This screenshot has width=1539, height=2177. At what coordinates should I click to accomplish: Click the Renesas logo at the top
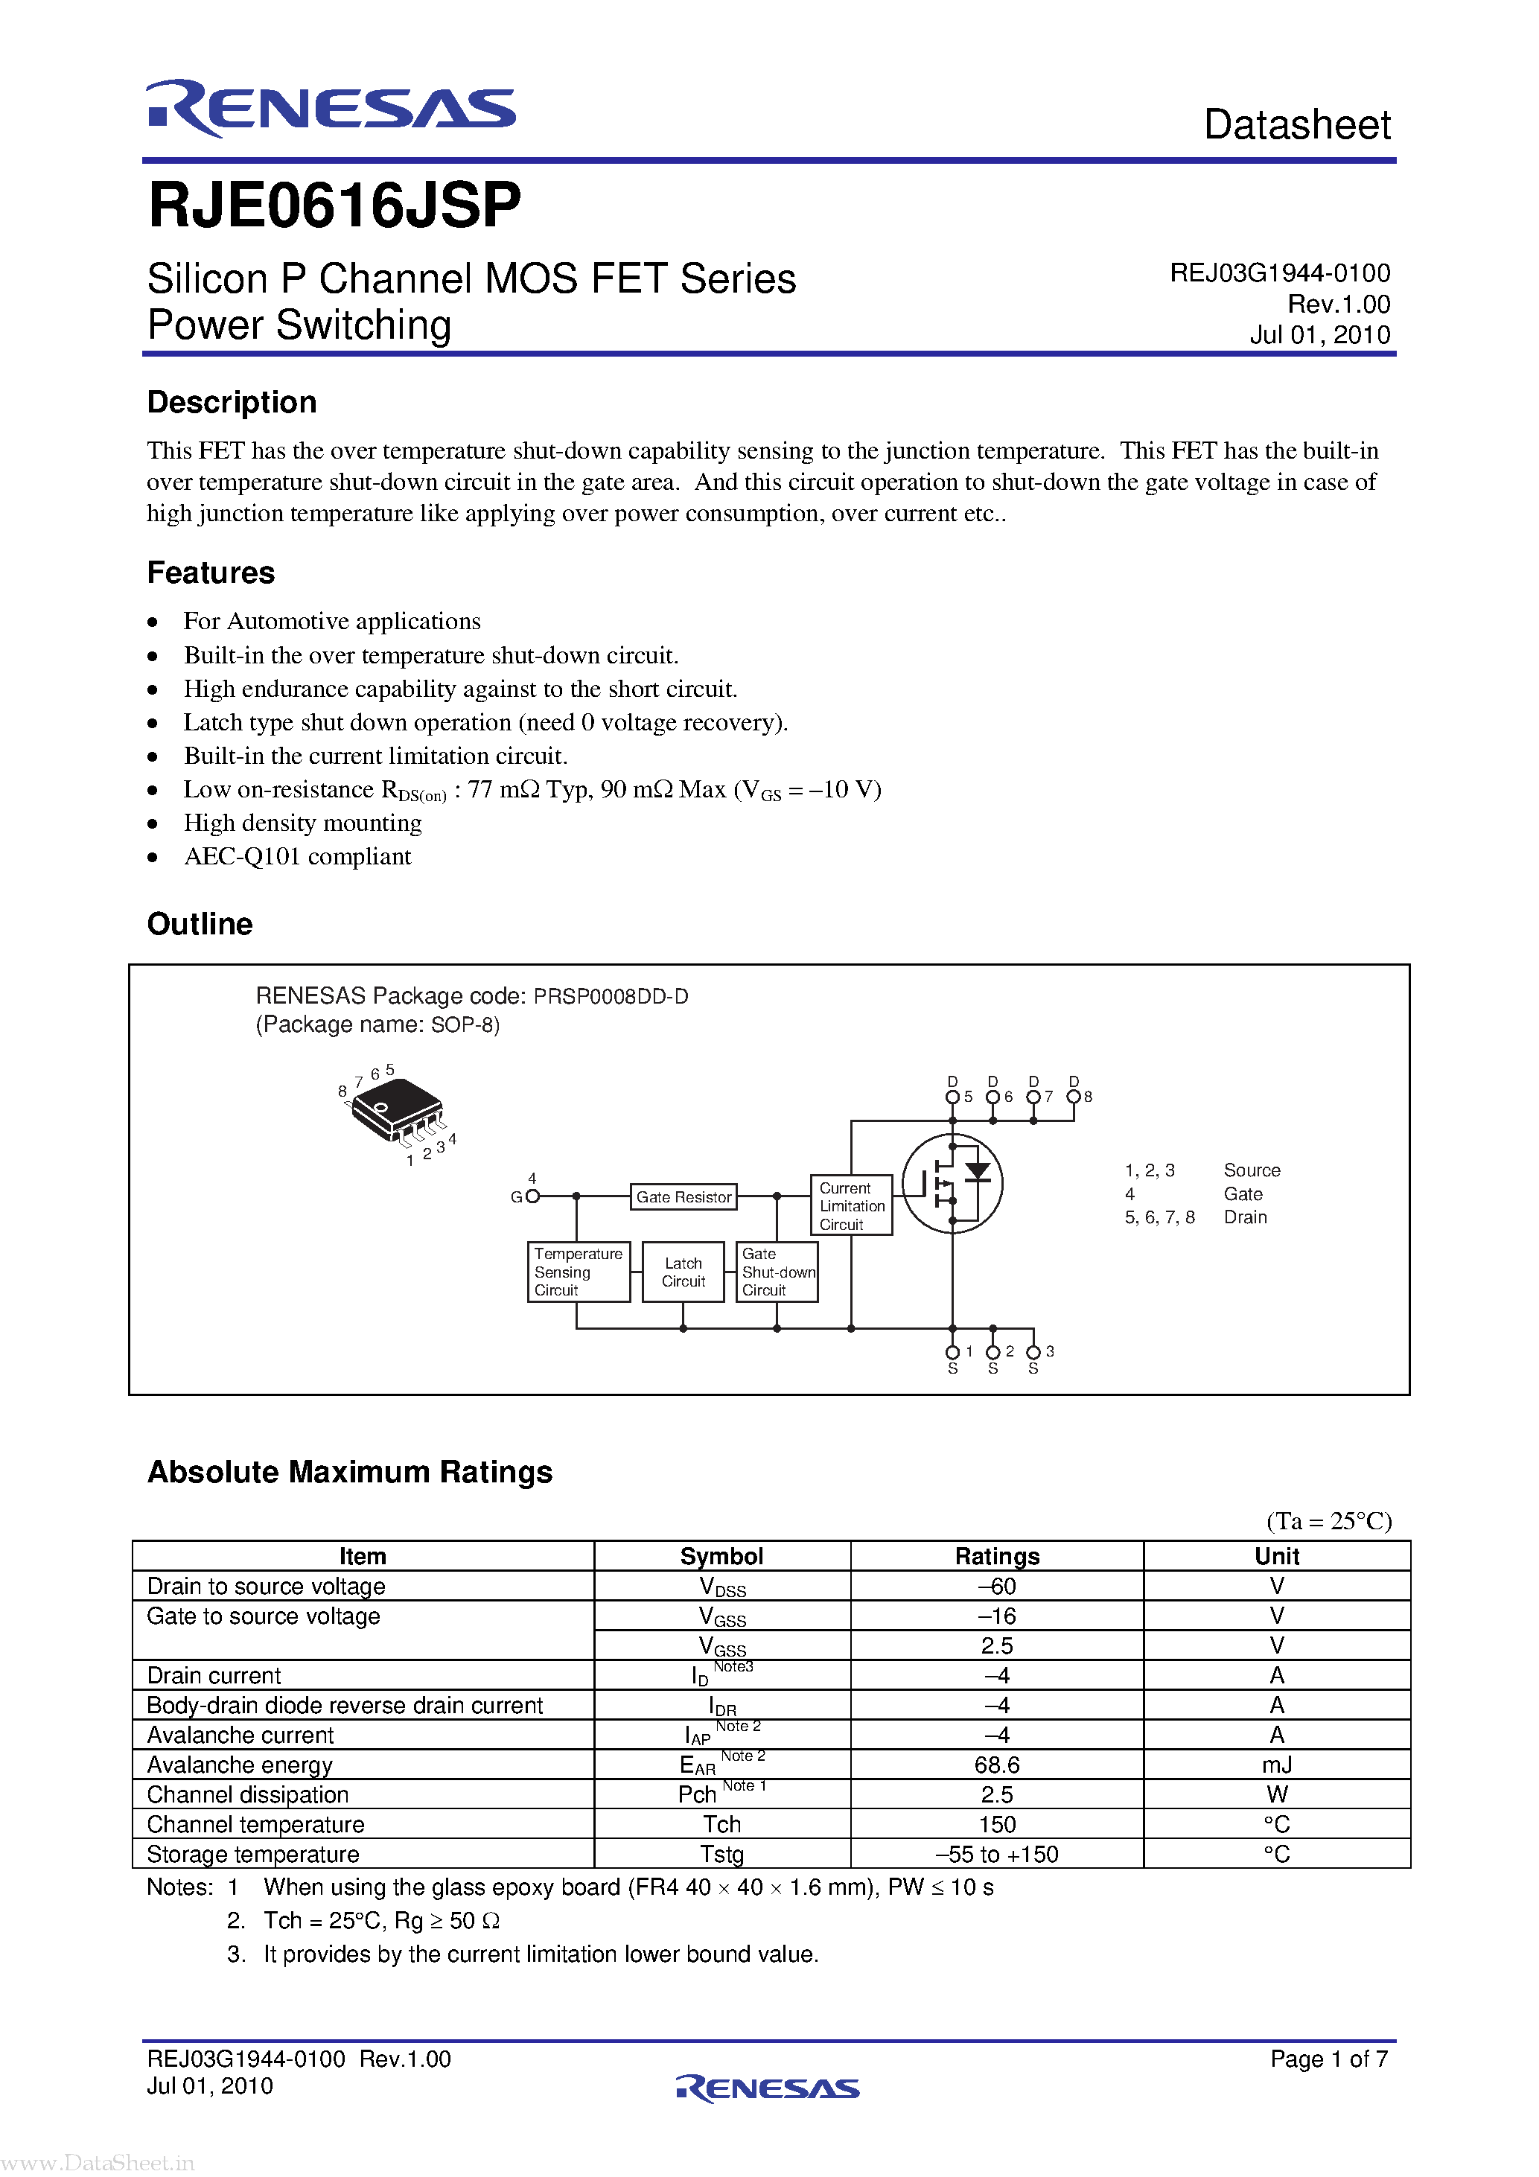coord(331,108)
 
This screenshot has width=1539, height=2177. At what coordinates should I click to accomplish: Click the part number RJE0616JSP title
coord(335,205)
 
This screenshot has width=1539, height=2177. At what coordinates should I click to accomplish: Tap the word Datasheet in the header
coord(1296,125)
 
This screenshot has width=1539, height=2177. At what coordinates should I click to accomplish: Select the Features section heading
coord(211,573)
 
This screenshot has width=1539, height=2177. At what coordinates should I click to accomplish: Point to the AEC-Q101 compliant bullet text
coord(297,856)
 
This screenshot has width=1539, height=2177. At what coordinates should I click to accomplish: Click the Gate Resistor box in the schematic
coord(684,1196)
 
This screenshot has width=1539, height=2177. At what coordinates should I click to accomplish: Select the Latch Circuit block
coord(683,1272)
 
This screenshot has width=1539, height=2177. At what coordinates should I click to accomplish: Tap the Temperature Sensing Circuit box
coord(579,1272)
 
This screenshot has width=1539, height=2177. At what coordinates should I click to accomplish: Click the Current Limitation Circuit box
coord(850,1205)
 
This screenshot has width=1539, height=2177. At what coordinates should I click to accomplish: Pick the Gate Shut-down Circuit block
coord(777,1272)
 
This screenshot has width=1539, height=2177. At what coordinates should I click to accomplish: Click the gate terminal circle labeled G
coord(532,1196)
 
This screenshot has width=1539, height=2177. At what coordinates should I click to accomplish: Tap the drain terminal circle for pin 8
coord(1074,1097)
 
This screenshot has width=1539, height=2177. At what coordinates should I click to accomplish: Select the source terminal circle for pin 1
coord(952,1352)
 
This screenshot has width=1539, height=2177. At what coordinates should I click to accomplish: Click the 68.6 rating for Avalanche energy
coord(997,1765)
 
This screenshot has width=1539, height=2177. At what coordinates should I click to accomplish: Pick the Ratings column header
coord(997,1556)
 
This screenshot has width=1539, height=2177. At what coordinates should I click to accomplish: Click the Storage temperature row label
coord(253,1854)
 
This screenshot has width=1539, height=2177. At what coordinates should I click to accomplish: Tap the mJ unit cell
coord(1276,1765)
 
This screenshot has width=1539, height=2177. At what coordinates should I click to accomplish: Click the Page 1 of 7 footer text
coord(1328,2059)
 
